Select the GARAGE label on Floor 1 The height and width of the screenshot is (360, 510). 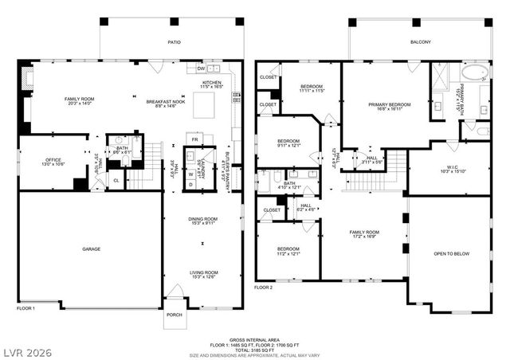coord(91,249)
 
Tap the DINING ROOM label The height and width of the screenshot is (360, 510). coord(203,221)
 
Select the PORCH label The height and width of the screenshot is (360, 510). coord(174,315)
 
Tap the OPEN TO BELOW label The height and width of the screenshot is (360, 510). coord(449,254)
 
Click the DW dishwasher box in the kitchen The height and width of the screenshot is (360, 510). coord(201,68)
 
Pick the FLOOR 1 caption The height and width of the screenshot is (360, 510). coord(27,307)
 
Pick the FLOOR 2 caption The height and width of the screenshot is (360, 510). coord(264,287)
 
